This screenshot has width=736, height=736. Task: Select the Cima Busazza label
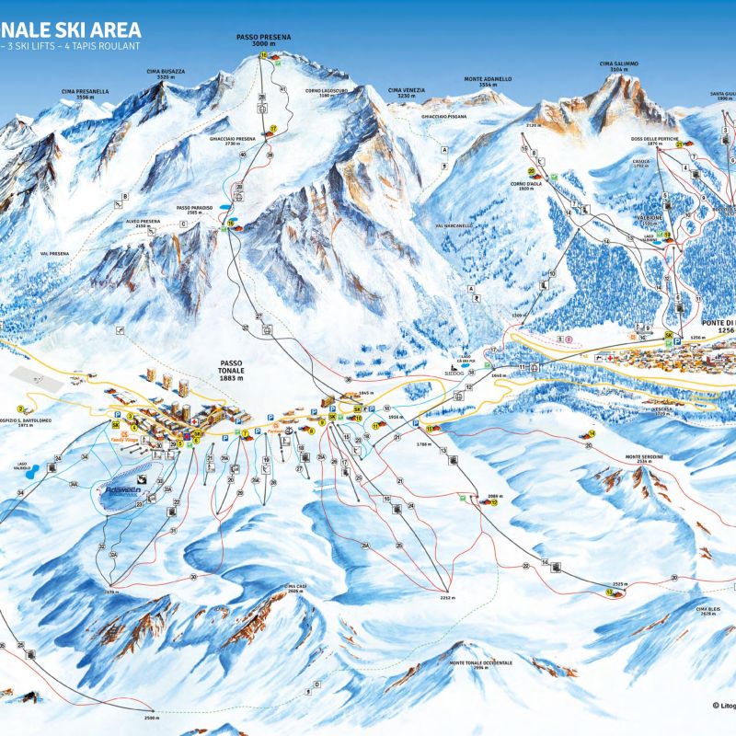166,74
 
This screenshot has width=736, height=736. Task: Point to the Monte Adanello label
488,81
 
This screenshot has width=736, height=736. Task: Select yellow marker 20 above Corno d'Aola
532,171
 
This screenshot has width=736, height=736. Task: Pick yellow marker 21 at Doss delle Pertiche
679,144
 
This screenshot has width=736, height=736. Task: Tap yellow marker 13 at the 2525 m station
609,592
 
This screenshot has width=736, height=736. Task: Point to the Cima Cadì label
295,588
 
